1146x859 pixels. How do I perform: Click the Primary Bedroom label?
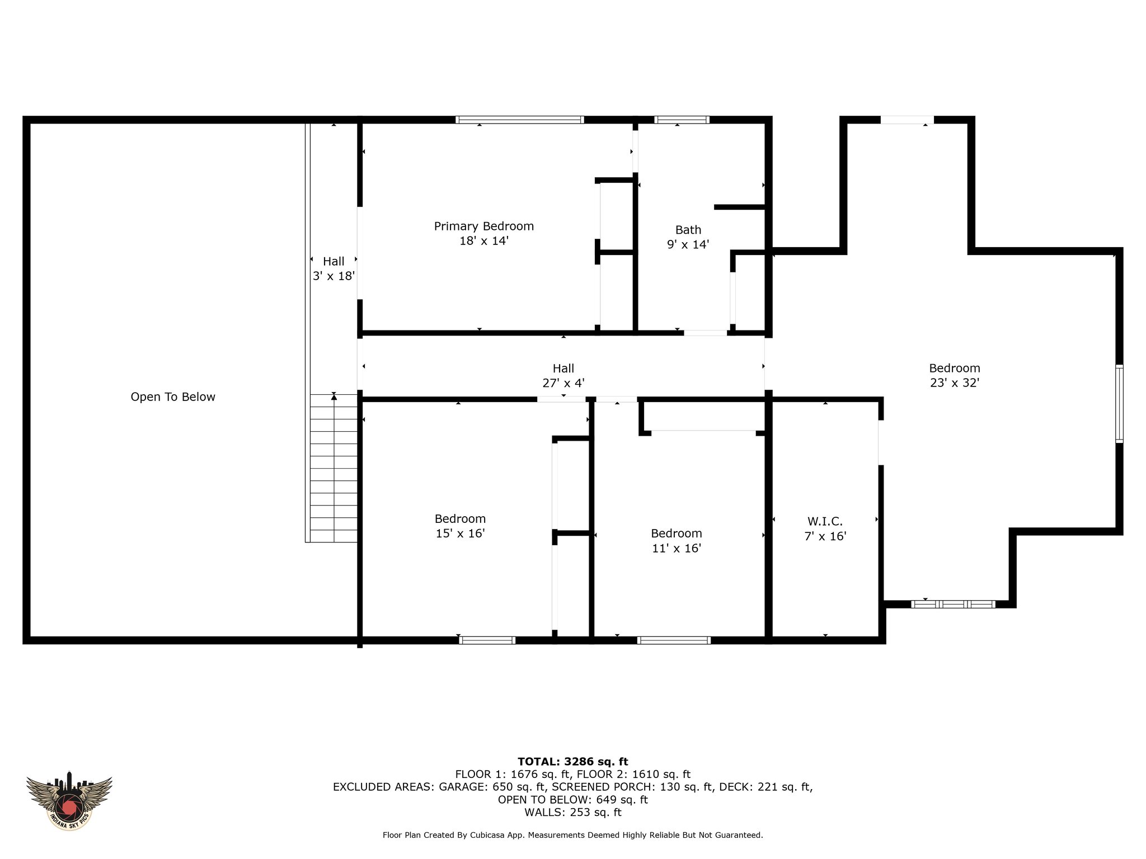pos(484,226)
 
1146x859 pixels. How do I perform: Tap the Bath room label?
pos(688,230)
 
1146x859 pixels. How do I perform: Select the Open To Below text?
pos(173,397)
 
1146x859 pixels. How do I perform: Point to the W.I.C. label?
pos(825,522)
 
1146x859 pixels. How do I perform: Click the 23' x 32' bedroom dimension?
pos(955,383)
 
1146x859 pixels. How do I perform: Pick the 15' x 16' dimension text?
pos(460,534)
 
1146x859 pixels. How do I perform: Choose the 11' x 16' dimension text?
pos(677,548)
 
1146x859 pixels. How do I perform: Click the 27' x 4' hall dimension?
pos(563,383)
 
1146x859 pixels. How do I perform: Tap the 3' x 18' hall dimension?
pos(334,276)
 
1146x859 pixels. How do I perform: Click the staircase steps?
pos(334,468)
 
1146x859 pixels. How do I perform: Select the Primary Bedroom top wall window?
pos(520,120)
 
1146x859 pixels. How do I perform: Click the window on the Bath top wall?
pos(682,120)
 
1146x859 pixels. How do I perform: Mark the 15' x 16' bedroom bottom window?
pos(487,640)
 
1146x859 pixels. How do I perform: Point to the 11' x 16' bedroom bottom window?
pos(674,640)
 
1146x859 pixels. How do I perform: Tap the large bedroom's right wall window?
pos(1119,404)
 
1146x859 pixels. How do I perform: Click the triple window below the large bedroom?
pos(953,604)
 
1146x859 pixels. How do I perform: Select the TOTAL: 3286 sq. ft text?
pos(573,762)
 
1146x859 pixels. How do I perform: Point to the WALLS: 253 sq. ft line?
pos(573,813)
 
